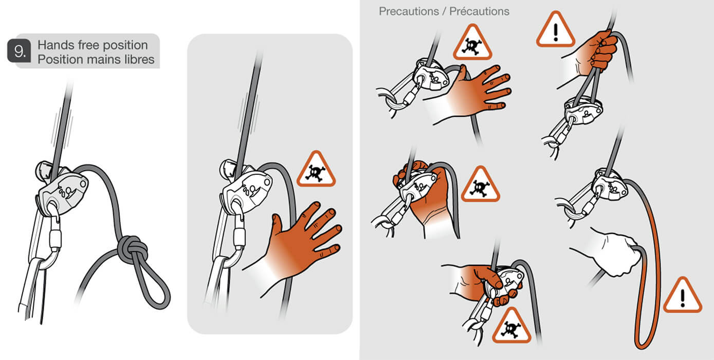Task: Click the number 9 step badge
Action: coord(19,51)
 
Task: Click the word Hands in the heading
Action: coord(56,45)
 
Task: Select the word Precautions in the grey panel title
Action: coord(409,11)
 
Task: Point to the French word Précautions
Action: coord(479,11)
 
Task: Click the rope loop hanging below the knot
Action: coord(152,284)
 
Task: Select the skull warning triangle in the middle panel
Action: coord(316,169)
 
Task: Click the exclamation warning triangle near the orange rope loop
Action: coord(683,295)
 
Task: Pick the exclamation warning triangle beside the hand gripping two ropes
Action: coord(556,30)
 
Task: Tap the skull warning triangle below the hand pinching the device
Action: coord(511,326)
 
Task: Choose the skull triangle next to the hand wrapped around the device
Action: coord(480,184)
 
